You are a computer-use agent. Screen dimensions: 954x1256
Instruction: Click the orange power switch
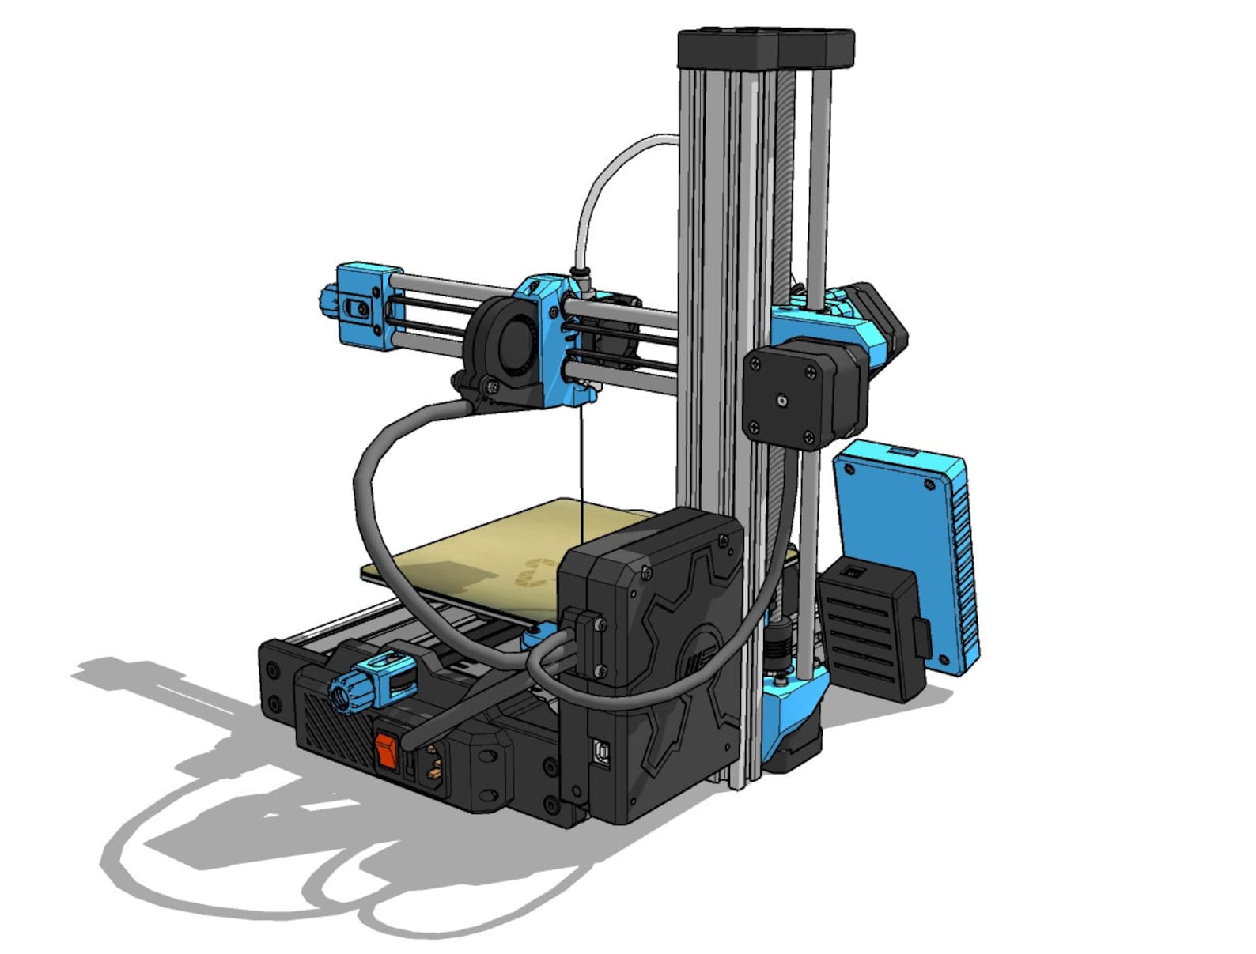click(x=385, y=751)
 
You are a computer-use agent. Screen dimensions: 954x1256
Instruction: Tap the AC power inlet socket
click(x=433, y=766)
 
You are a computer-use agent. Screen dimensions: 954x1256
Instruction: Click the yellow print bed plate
click(x=490, y=553)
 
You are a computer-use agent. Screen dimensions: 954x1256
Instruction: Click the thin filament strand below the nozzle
click(x=581, y=466)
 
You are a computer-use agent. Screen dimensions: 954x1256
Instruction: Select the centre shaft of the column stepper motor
click(x=782, y=402)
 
